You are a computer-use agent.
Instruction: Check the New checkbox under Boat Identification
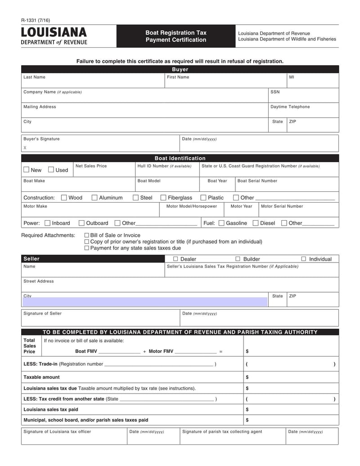[x=27, y=170]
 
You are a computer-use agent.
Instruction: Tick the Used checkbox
[x=51, y=170]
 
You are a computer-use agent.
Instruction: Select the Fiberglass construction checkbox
[x=164, y=198]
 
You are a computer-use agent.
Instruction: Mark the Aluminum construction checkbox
[x=94, y=198]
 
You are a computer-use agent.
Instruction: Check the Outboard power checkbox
[x=81, y=223]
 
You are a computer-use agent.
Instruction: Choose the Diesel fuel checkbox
[x=256, y=223]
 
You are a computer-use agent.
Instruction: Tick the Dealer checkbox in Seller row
[x=176, y=259]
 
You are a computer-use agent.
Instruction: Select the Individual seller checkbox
[x=303, y=259]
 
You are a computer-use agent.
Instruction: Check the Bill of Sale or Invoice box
[x=87, y=235]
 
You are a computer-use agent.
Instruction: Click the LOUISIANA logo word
[x=54, y=33]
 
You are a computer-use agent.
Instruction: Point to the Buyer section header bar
[x=180, y=69]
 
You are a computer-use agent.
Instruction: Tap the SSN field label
[x=275, y=92]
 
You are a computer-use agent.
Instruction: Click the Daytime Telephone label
[x=290, y=107]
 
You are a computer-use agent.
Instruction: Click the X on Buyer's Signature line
[x=25, y=148]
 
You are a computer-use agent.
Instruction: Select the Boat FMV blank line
[x=119, y=352]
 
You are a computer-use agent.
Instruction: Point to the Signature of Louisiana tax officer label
[x=57, y=431]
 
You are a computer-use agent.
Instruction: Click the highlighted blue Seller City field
[x=144, y=301]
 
